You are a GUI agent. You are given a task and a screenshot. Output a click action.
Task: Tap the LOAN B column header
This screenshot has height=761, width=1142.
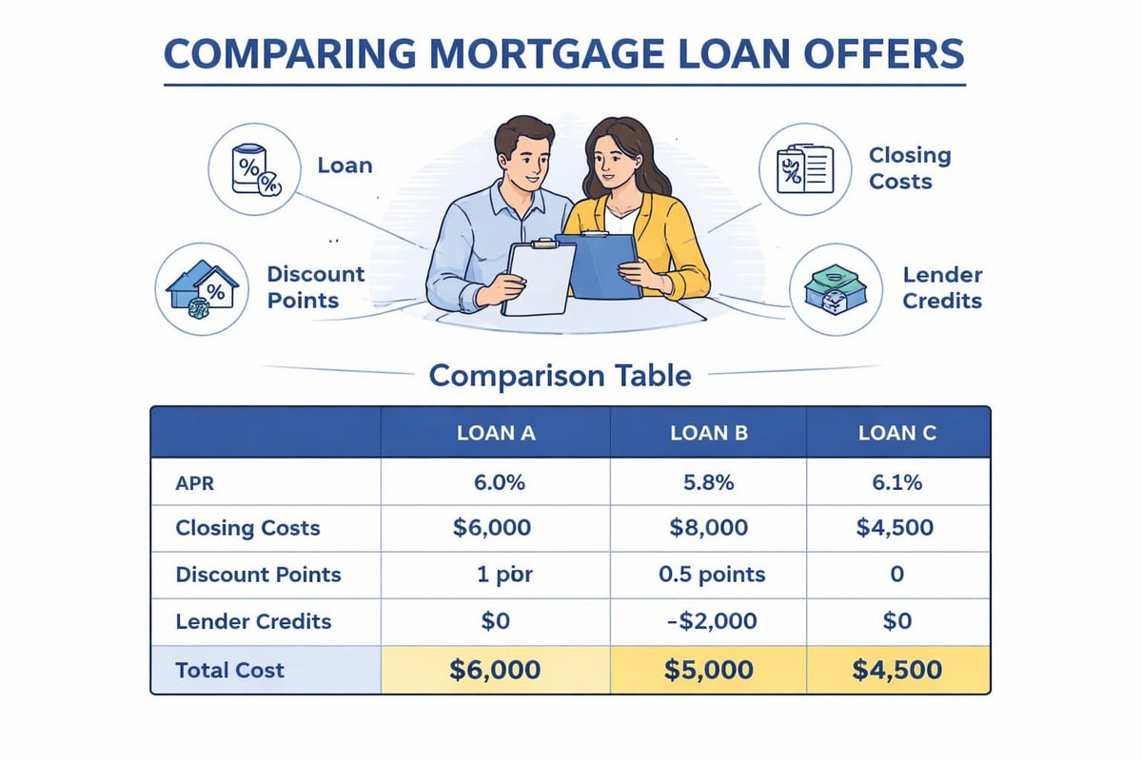click(709, 433)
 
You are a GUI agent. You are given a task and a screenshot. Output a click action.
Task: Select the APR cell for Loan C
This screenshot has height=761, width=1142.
click(896, 482)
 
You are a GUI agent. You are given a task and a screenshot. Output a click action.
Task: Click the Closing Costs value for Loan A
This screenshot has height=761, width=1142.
click(494, 528)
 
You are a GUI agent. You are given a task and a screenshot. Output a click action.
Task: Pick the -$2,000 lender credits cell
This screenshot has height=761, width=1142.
click(709, 621)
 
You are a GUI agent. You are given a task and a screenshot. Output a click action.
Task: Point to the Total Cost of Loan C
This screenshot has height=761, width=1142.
click(896, 669)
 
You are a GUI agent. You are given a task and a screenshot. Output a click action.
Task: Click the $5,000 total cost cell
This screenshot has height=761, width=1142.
click(709, 669)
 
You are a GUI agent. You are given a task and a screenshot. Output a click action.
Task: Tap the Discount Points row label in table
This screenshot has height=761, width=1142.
click(258, 575)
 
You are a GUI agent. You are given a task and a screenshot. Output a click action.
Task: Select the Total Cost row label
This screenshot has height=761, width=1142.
click(229, 669)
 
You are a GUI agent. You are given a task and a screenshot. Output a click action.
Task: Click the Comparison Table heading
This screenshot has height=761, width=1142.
click(560, 375)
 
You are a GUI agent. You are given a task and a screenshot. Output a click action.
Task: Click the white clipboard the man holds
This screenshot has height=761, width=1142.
click(538, 277)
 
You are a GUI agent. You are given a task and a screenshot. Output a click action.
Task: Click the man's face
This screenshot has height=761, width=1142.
click(520, 157)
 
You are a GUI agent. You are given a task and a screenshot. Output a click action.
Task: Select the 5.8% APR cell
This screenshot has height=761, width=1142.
click(709, 482)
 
